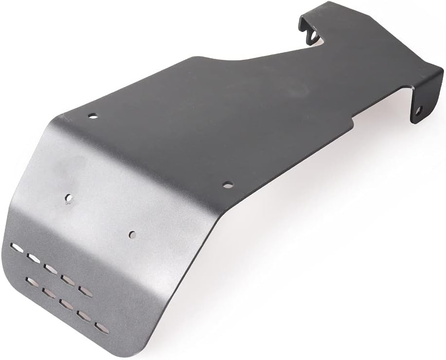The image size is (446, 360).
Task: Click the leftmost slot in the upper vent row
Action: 18,248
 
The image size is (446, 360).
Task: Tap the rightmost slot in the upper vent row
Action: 85,290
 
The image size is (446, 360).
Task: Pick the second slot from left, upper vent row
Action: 34,257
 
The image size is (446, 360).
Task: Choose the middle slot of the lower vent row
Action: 66,304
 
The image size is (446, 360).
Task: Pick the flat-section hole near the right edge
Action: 227,185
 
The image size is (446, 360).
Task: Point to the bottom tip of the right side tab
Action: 414,122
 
